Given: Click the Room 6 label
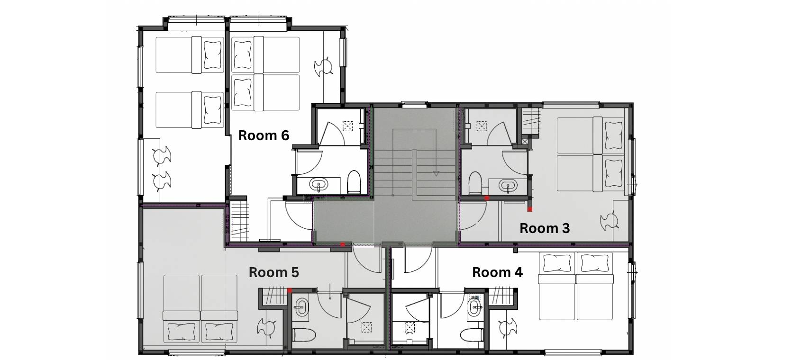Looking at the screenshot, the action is point(264,135).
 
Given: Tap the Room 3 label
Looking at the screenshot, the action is point(544,228).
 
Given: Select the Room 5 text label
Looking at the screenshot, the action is point(273,272).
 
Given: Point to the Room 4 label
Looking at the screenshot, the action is point(497,272).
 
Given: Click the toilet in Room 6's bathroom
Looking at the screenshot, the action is point(354,181).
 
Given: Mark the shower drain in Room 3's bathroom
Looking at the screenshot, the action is point(482,126).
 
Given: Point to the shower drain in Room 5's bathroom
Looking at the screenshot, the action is point(366,327).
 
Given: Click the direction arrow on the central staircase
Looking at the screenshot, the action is point(436,174).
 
